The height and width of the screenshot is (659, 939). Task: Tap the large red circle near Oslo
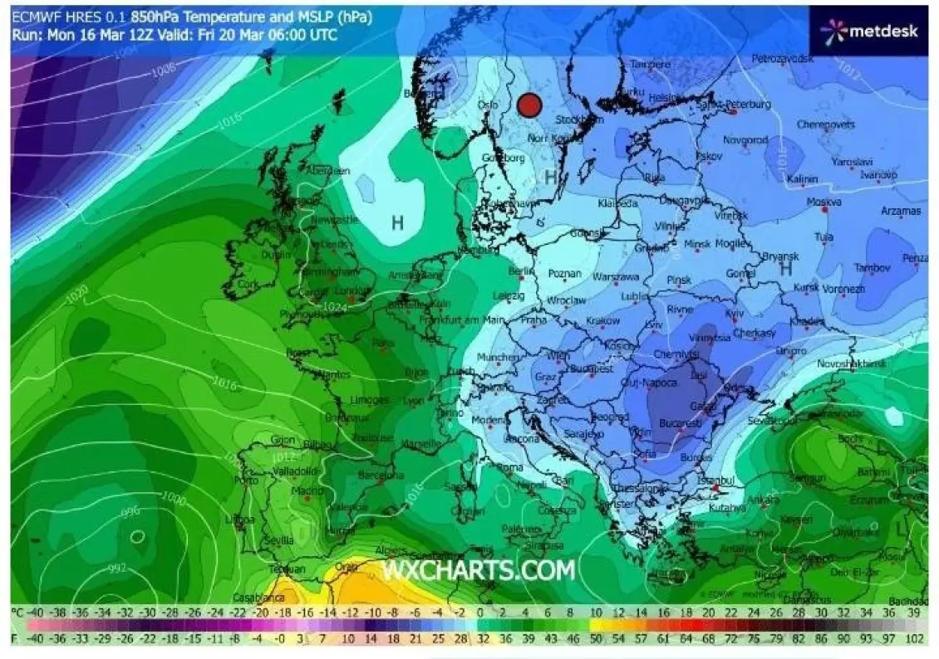coord(529,105)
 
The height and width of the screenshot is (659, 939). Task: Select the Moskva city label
coord(823,202)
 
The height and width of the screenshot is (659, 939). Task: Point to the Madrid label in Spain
coord(307,490)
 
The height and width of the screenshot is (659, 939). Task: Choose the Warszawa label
coord(616,276)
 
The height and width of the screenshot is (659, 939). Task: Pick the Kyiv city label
coord(734,314)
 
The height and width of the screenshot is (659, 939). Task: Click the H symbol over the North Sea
coord(398,222)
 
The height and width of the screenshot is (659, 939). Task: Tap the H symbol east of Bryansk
coord(784,268)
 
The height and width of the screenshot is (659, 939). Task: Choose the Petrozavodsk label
coord(781,59)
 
